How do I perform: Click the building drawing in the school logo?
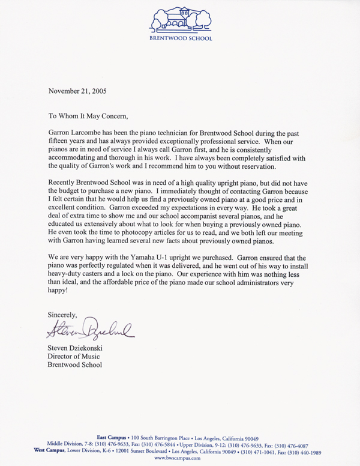coord(180,19)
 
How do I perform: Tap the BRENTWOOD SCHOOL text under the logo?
coord(180,37)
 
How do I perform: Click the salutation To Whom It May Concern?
coord(88,116)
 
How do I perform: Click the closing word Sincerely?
coord(62,313)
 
